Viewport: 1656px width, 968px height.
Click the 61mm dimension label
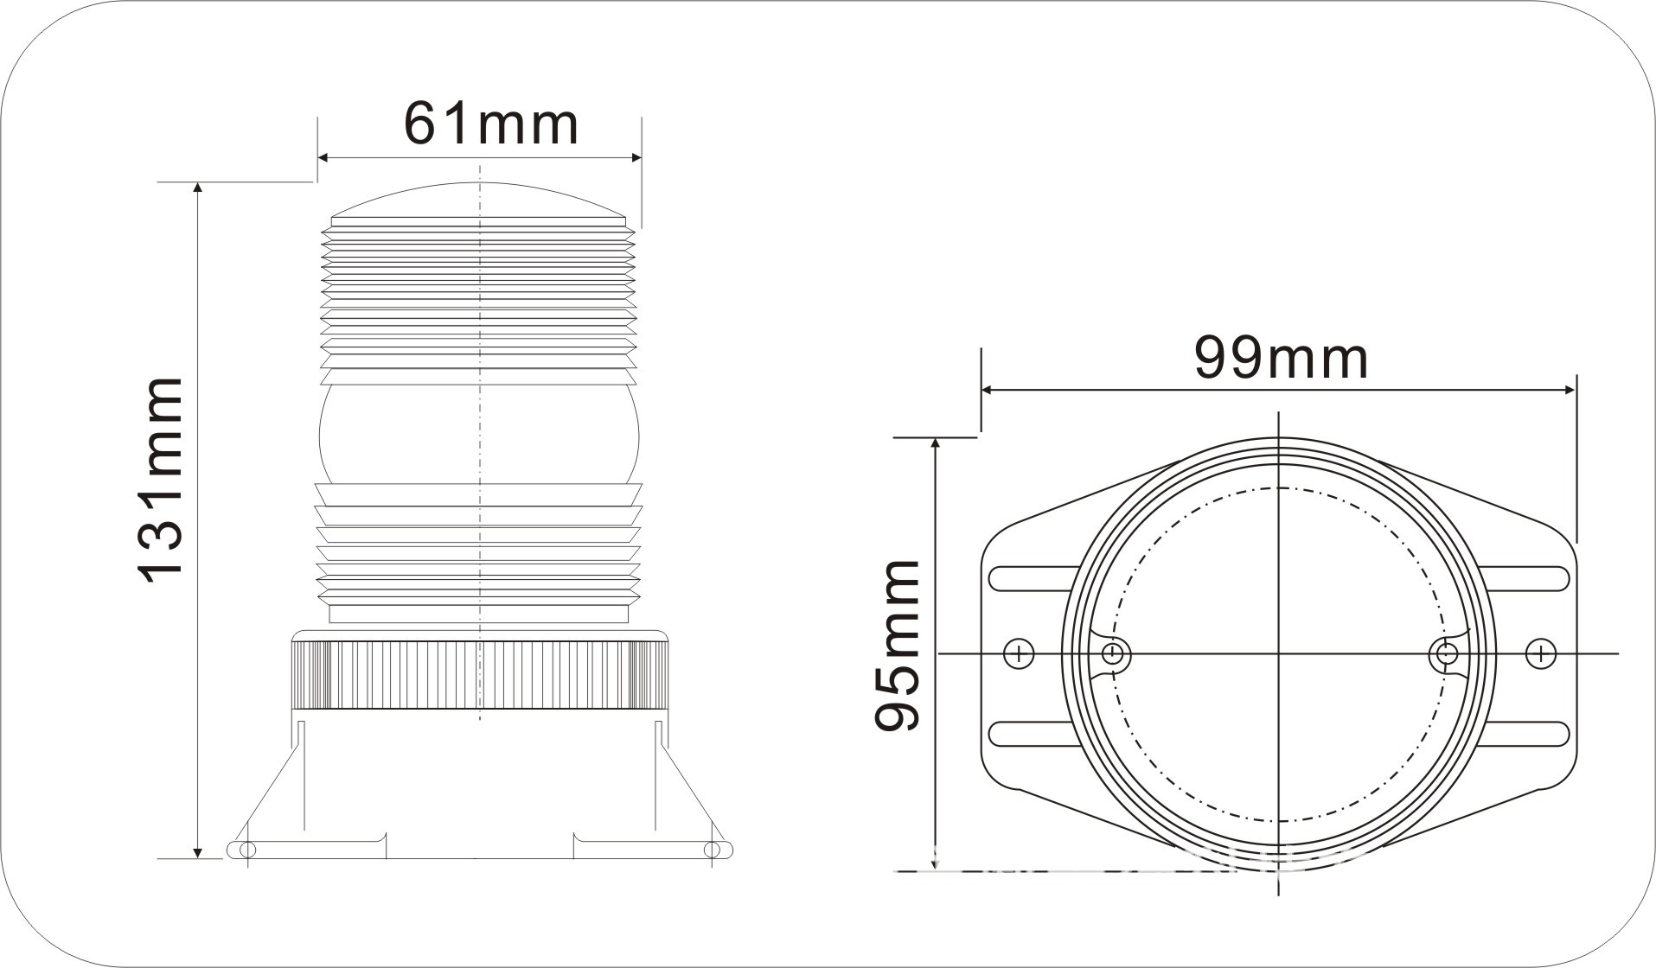point(491,124)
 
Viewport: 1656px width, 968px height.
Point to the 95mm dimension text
point(897,645)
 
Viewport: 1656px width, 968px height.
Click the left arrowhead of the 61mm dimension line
point(324,157)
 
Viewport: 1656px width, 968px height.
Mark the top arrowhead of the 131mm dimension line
point(199,189)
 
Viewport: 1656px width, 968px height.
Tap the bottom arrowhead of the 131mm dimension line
point(199,851)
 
